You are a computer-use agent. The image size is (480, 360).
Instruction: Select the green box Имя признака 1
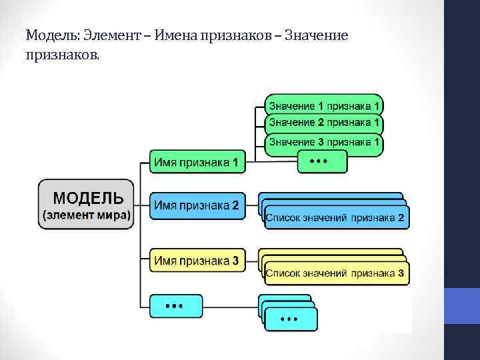coord(197,162)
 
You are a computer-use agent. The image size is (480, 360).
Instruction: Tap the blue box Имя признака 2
coord(197,205)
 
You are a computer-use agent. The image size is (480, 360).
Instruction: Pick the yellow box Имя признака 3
coord(197,261)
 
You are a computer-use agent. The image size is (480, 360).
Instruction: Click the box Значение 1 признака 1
coord(324,105)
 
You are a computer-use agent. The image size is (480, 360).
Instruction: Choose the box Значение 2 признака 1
coord(324,123)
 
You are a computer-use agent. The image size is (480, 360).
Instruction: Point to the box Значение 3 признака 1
coord(324,141)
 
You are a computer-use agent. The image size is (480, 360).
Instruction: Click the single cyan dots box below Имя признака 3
coord(175,305)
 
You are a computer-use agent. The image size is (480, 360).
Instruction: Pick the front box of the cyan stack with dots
coord(290,319)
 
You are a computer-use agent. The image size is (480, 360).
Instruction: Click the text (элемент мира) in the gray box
coord(87,215)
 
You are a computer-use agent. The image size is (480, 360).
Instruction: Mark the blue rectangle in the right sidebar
coord(462,305)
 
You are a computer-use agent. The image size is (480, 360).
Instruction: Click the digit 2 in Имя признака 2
coord(235,205)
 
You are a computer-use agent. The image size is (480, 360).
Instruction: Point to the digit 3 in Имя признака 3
coord(235,261)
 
